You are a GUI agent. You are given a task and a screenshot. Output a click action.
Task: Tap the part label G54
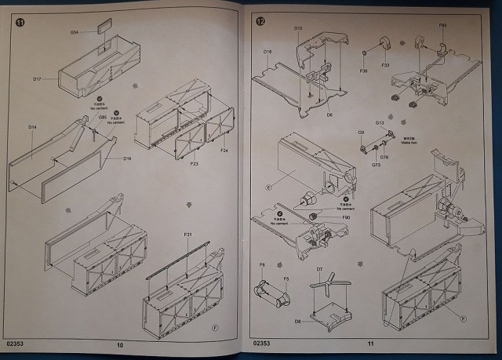coord(75,32)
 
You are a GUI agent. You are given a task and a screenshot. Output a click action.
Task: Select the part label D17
coord(37,78)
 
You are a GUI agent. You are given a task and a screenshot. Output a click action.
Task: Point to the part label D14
coord(32,126)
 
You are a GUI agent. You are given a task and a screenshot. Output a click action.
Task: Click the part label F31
coord(188,235)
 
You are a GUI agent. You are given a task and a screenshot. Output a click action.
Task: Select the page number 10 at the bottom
coord(120,344)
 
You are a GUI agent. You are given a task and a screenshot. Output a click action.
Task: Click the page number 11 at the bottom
coord(369,344)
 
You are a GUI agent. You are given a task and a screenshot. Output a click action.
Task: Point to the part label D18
coord(267,52)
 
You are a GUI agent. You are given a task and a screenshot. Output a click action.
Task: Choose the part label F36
coord(364,71)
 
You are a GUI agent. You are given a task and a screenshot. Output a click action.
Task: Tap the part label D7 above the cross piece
coord(320,269)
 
